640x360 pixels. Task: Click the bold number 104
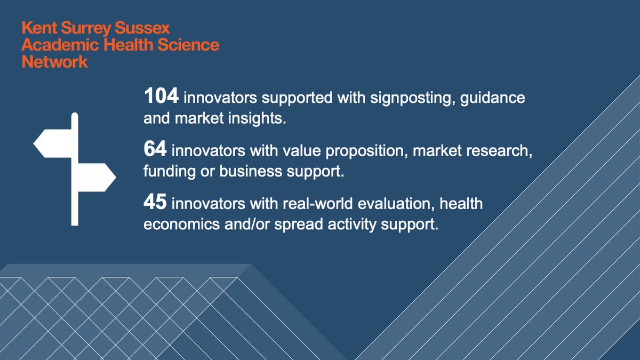(162, 98)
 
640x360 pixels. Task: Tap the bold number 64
(155, 151)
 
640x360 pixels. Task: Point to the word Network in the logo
(54, 62)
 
